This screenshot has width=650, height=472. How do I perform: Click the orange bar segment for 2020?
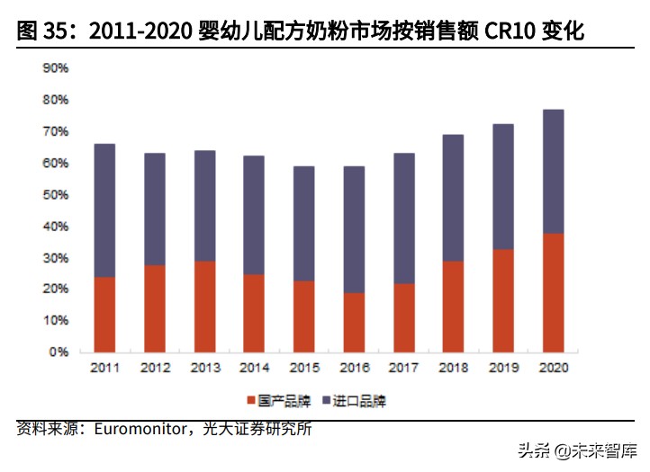(x=552, y=292)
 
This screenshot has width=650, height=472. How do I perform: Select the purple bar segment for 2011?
(x=104, y=210)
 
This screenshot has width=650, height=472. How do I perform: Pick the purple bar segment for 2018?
(x=453, y=198)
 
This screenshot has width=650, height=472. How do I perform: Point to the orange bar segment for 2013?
(x=204, y=307)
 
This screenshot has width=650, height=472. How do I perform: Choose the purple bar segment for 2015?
(x=303, y=223)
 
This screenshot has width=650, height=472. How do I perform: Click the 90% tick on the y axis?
(x=57, y=68)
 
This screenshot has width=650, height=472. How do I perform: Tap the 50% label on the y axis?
(x=57, y=195)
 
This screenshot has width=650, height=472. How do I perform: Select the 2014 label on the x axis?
(x=254, y=368)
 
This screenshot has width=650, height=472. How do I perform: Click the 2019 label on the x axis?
(x=502, y=368)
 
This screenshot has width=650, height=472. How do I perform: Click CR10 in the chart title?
(x=509, y=32)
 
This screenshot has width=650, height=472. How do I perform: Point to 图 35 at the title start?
(x=41, y=32)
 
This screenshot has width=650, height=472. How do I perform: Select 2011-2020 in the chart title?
(x=140, y=32)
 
